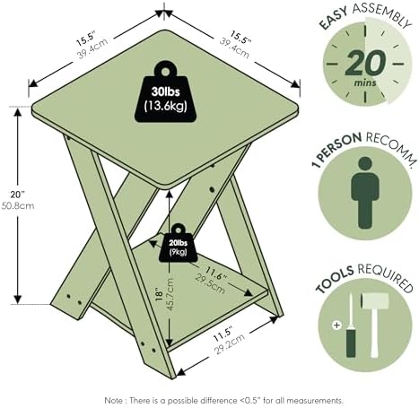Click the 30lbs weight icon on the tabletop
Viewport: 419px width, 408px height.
tap(165, 92)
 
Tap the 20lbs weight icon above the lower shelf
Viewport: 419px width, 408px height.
tap(179, 243)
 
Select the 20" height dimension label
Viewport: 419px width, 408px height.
tap(18, 195)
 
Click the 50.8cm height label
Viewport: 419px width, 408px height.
tap(18, 205)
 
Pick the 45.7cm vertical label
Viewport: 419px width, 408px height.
tap(170, 294)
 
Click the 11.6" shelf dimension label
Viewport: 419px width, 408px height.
tap(216, 273)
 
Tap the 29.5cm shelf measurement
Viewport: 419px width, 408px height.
tap(210, 283)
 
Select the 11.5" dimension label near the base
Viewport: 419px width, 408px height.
tap(223, 334)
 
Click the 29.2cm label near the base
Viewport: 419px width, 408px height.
tap(231, 343)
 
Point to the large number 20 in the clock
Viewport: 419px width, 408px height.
tap(365, 63)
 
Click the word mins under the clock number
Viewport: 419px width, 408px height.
tap(365, 82)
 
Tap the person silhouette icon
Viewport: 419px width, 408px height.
tap(365, 193)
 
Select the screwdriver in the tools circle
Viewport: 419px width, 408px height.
tap(351, 326)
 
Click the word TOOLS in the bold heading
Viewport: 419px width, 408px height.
tap(335, 279)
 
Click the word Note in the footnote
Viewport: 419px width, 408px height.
tap(113, 400)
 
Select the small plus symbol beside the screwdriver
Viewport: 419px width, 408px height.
tap(336, 325)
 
